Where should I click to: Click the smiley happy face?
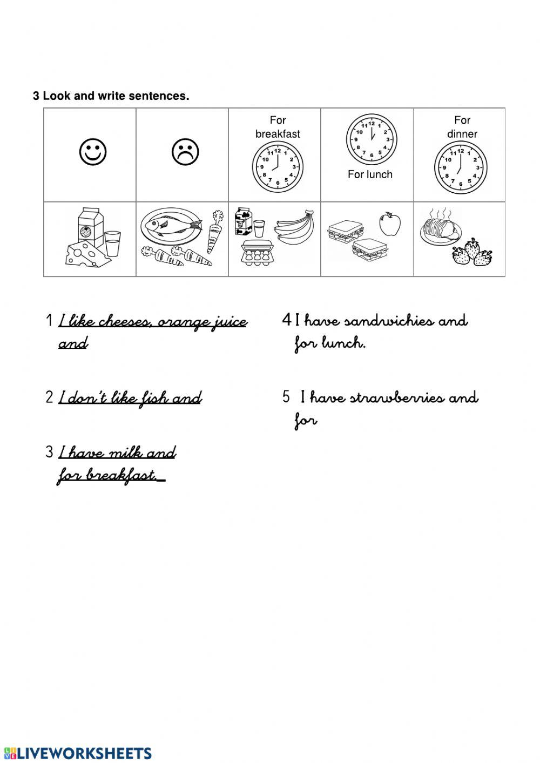pos(93,152)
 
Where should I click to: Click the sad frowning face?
pos(185,152)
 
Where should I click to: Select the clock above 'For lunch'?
pos(371,139)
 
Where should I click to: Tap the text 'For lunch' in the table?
pos(370,174)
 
